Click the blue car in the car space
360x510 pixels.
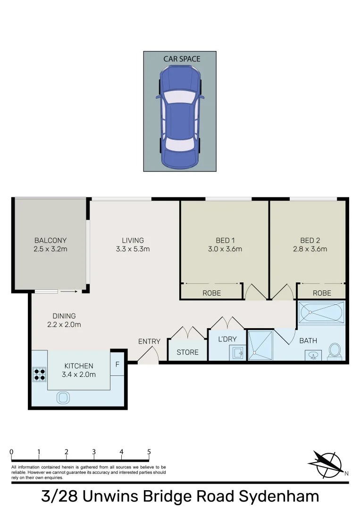coord(180,117)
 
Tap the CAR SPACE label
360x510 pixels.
coord(182,59)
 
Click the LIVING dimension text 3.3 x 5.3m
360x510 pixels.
coord(133,249)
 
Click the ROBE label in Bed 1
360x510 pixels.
coord(211,293)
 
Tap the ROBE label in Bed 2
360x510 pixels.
coord(322,293)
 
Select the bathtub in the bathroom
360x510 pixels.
coord(321,313)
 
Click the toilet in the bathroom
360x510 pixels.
coord(335,350)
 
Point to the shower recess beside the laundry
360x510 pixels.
coord(260,346)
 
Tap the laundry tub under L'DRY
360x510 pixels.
coord(237,352)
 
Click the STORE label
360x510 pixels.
coord(187,352)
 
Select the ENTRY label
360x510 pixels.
coord(149,341)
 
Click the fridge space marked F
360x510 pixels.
coord(117,364)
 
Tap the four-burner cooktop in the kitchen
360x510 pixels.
coord(39,374)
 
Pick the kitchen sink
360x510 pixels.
coord(63,398)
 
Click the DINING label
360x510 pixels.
coord(64,316)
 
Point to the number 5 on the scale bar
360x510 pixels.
coord(149,452)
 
